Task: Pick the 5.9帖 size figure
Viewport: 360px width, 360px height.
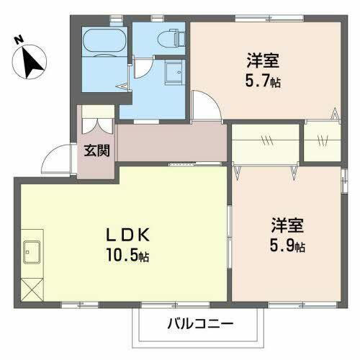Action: pyautogui.click(x=287, y=246)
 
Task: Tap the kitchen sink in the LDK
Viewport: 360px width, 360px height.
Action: pyautogui.click(x=33, y=251)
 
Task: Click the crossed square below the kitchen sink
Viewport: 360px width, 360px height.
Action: pyautogui.click(x=32, y=292)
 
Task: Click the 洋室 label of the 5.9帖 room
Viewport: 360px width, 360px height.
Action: pyautogui.click(x=287, y=224)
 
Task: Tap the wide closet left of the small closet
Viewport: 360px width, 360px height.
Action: pyautogui.click(x=264, y=142)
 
